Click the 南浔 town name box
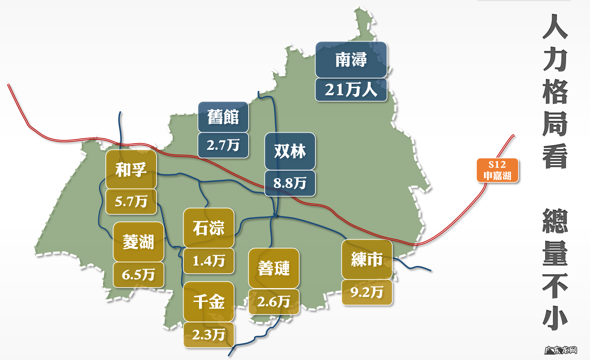click(351, 60)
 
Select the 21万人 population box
click(351, 90)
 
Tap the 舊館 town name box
click(223, 117)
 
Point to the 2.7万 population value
click(223, 145)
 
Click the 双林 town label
click(290, 151)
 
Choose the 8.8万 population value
click(290, 183)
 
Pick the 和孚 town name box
click(131, 169)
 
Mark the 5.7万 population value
click(131, 201)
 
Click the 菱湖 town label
click(138, 242)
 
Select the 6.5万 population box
click(138, 275)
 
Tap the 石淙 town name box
click(208, 228)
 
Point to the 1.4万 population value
click(208, 261)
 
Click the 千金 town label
click(208, 301)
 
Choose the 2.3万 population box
click(208, 335)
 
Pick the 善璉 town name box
click(274, 268)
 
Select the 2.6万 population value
click(274, 302)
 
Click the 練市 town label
click(367, 259)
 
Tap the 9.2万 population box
click(367, 292)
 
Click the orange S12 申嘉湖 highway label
click(497, 170)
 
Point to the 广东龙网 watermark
click(561, 350)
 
